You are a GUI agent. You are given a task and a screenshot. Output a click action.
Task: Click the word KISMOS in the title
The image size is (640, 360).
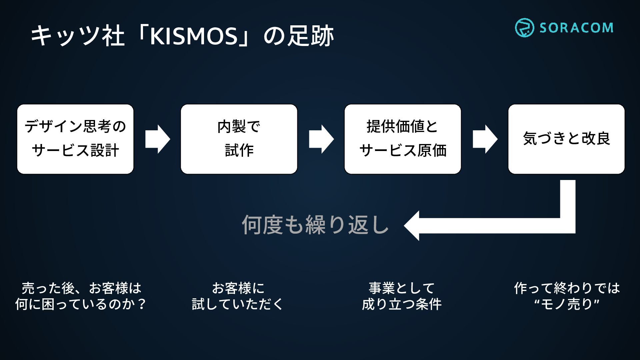click(193, 36)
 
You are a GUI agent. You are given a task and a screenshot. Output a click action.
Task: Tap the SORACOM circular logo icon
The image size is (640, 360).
click(524, 28)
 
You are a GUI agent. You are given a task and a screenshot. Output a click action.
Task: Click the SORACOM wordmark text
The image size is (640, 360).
click(576, 28)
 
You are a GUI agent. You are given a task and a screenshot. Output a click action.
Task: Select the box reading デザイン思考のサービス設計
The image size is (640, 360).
click(75, 139)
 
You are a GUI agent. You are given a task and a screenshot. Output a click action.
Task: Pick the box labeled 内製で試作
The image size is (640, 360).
click(239, 139)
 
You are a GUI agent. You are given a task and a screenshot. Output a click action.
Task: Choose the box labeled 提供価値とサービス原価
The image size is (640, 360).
click(403, 139)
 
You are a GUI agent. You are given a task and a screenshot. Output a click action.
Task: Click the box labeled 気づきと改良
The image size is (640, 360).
click(566, 139)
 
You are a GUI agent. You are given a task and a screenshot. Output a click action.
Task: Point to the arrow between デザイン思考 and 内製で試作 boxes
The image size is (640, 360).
click(157, 139)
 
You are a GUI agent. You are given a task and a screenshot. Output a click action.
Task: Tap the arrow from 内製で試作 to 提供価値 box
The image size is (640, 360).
click(321, 139)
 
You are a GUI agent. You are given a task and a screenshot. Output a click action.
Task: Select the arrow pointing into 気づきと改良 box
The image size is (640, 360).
click(485, 139)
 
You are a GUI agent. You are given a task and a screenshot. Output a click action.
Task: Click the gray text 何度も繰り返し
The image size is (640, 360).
click(315, 225)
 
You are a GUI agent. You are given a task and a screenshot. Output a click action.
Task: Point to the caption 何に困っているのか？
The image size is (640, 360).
click(81, 304)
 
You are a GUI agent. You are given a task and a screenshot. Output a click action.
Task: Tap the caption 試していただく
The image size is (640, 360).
click(237, 304)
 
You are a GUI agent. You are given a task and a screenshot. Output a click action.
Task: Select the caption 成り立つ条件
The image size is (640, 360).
click(402, 304)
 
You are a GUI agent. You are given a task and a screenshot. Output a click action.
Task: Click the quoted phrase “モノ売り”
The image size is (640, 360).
click(566, 304)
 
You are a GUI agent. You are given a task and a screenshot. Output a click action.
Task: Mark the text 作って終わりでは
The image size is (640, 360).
click(566, 288)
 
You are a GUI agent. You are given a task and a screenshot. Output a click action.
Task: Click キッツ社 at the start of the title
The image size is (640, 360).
click(78, 36)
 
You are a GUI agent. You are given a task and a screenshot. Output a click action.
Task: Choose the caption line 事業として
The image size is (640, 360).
click(402, 288)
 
